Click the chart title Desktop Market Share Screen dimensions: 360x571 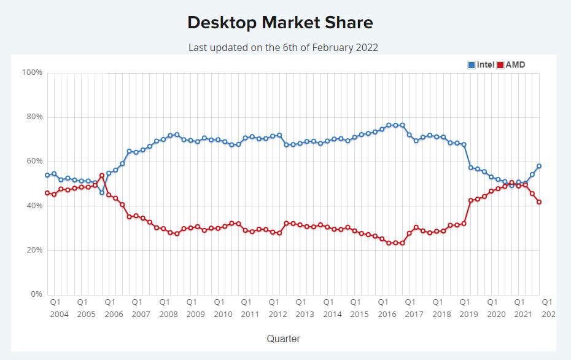(280, 23)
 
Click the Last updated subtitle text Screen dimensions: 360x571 (283, 47)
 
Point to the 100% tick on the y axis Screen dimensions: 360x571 (32, 72)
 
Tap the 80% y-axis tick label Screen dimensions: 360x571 (33, 117)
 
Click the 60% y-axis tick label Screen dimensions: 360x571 (33, 161)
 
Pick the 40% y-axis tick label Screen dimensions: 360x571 (33, 206)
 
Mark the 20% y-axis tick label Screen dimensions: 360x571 (33, 250)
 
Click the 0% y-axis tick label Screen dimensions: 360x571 (36, 294)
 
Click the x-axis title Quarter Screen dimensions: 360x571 (283, 338)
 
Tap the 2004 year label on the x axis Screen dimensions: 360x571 (59, 314)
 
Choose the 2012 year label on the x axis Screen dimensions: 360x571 (278, 314)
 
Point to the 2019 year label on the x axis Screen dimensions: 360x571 (468, 314)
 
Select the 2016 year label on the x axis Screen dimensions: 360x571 (387, 314)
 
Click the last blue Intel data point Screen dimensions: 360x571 (538, 166)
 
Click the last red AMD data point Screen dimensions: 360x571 (538, 202)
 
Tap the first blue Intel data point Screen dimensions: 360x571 (47, 175)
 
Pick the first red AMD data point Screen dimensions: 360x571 (47, 193)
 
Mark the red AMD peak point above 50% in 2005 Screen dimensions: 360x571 (102, 176)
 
